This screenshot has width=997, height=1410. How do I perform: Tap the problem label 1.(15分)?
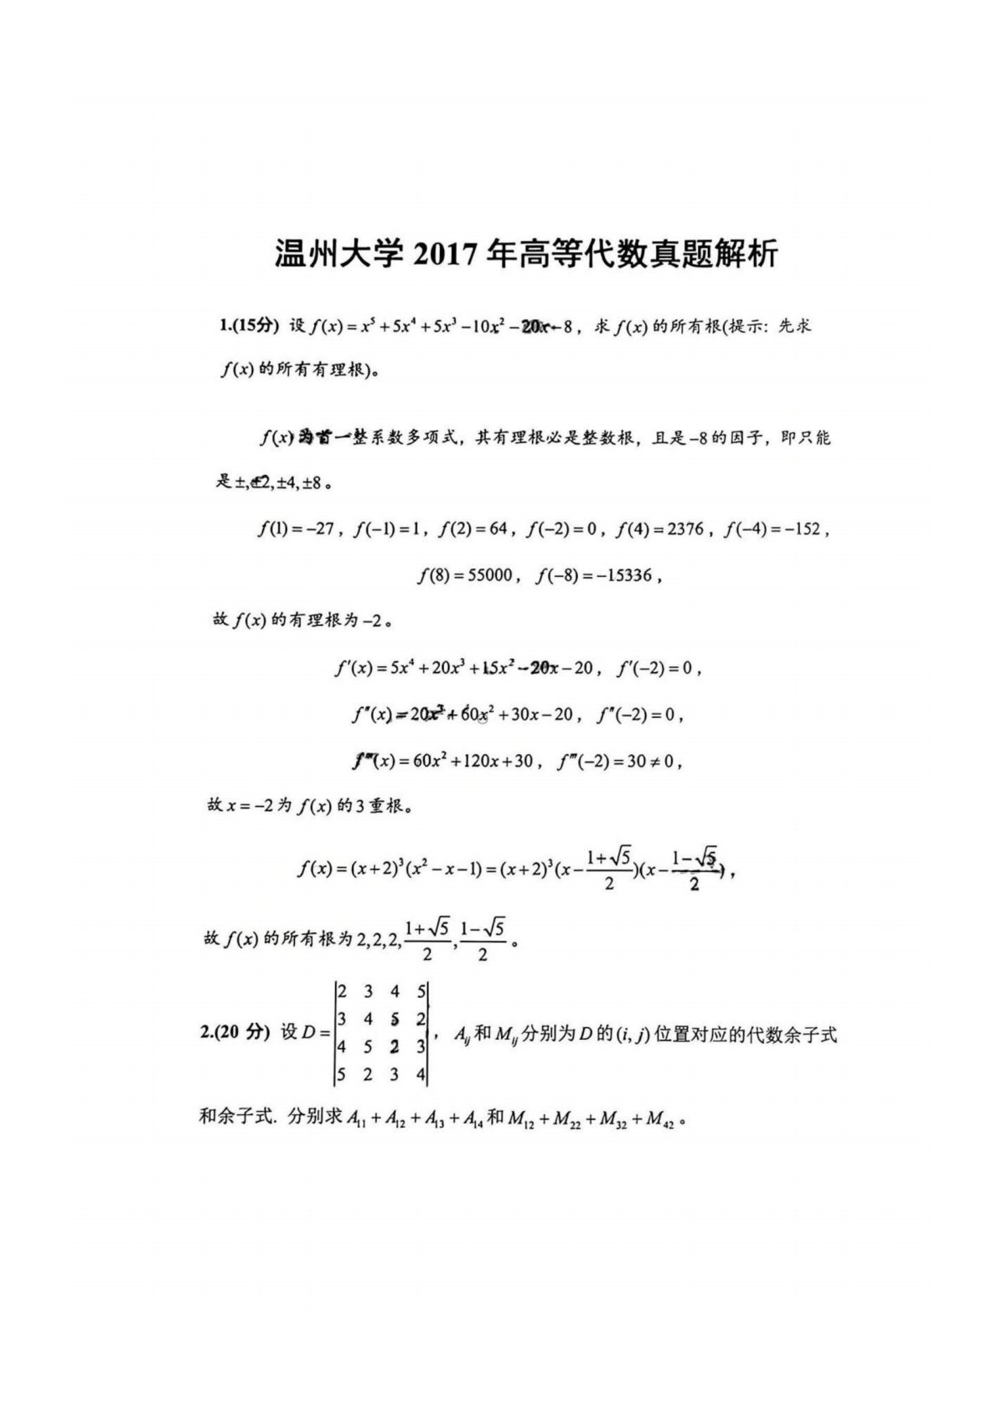[248, 326]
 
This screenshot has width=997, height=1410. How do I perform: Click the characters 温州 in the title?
[307, 254]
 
